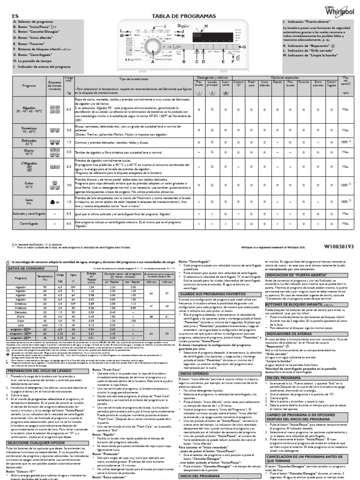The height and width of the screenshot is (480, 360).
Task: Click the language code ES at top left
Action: click(x=8, y=16)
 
